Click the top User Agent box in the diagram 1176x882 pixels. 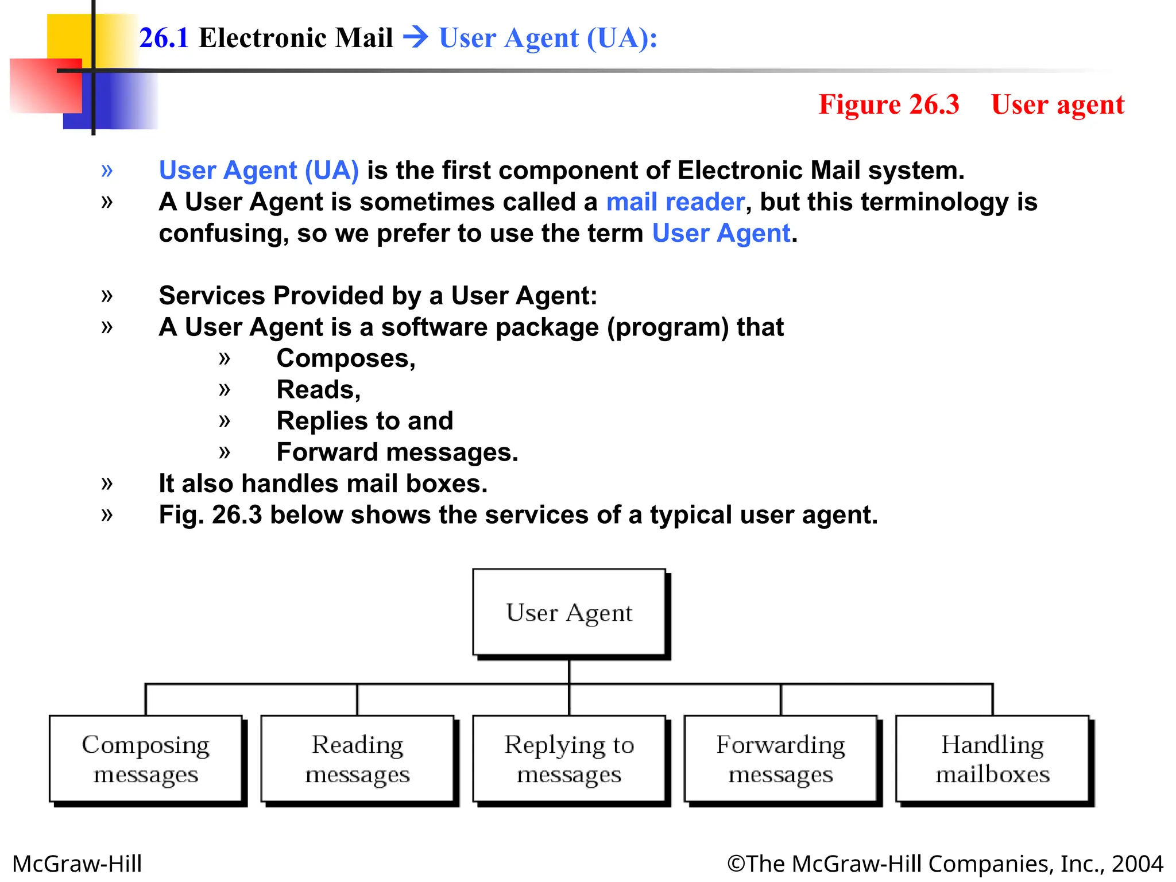(569, 612)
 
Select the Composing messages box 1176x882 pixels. (145, 759)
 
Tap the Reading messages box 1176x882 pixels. (357, 759)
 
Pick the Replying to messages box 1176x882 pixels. (569, 759)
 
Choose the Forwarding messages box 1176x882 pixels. (780, 759)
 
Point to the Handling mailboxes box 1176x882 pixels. (992, 759)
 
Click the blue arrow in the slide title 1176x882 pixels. (416, 37)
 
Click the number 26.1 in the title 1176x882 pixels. (164, 38)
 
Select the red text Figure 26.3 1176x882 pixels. (888, 105)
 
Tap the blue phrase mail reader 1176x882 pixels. (675, 202)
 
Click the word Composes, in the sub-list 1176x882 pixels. (346, 358)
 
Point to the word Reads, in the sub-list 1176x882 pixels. (319, 390)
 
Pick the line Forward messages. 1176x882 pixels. (397, 452)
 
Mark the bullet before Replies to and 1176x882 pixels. (225, 421)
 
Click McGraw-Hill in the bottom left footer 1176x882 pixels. (77, 864)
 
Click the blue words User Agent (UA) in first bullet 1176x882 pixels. (259, 171)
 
